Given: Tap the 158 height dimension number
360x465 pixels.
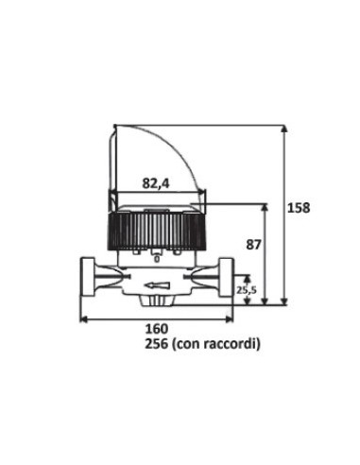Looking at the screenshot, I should [x=298, y=206].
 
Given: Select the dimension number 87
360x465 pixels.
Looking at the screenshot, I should [x=254, y=243].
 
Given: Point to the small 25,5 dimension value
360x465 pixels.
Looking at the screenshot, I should [x=246, y=290].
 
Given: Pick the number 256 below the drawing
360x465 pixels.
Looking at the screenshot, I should [x=132, y=345].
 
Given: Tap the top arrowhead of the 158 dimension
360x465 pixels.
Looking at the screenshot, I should [x=283, y=128].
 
